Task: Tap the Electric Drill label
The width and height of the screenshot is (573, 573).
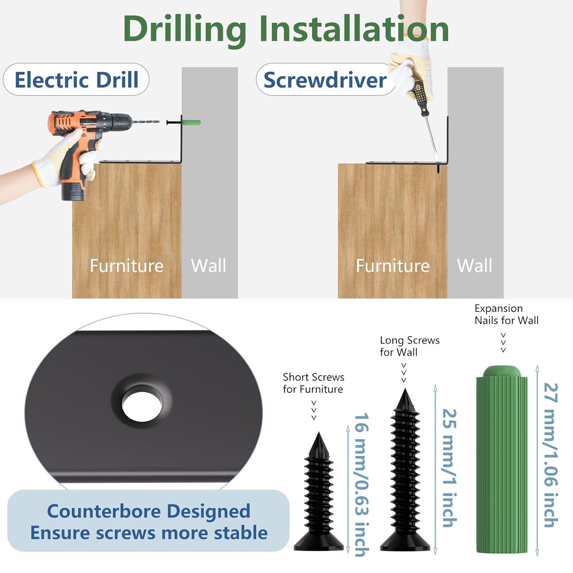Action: [x=77, y=79]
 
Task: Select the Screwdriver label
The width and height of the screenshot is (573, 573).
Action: [x=325, y=80]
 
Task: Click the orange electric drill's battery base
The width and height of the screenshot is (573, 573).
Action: [x=73, y=192]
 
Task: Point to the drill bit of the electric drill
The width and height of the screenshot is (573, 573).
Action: [x=146, y=122]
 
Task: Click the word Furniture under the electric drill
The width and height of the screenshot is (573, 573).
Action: [x=126, y=266]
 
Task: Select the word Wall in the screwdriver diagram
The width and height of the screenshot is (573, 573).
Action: [x=475, y=266]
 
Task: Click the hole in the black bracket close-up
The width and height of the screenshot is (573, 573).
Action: [x=142, y=406]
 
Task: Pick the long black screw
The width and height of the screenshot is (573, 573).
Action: [x=405, y=470]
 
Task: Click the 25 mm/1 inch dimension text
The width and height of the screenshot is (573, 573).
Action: [x=449, y=468]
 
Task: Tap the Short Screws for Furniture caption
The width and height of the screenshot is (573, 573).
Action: [x=313, y=383]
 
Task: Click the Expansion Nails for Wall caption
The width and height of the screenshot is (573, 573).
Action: [x=506, y=314]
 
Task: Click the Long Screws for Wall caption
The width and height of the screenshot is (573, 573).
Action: [x=410, y=346]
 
